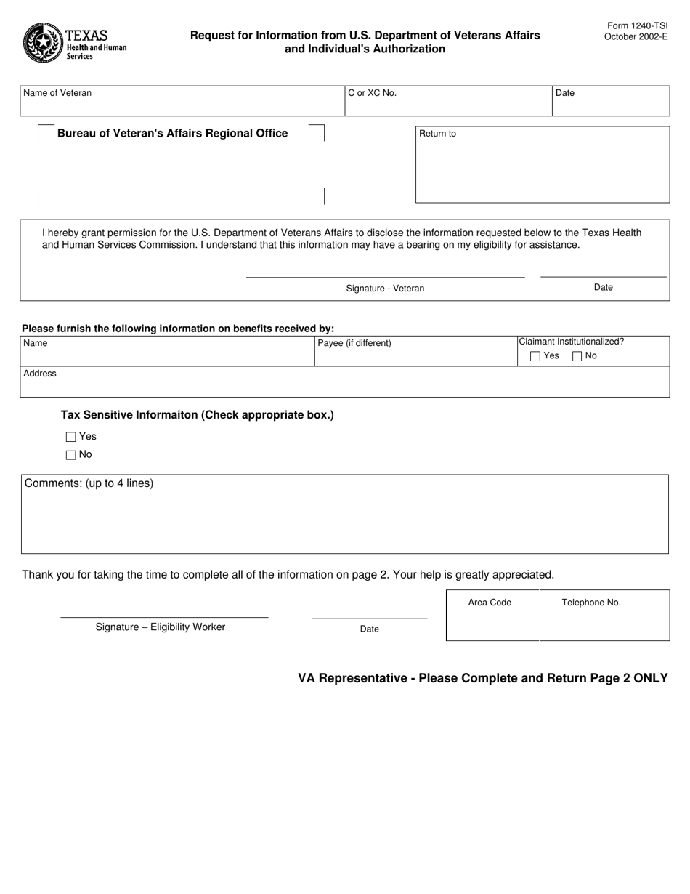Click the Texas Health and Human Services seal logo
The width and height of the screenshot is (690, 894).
click(x=43, y=43)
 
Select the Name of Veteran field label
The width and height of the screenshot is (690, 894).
click(x=57, y=93)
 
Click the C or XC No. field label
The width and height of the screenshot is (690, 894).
click(x=372, y=93)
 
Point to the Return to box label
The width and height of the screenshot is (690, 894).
click(x=437, y=134)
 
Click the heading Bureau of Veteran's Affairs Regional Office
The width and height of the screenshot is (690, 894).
click(x=172, y=133)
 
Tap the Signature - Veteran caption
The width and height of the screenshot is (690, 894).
click(x=385, y=289)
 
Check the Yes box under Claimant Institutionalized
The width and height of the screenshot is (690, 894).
click(x=535, y=356)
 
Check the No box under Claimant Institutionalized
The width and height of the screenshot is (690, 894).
click(x=577, y=356)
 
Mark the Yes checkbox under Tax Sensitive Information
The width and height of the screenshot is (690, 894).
click(x=70, y=437)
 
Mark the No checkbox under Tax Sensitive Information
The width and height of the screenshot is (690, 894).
click(x=70, y=455)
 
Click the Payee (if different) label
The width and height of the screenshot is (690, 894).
click(x=354, y=343)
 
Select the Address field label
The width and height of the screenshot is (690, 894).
click(x=40, y=374)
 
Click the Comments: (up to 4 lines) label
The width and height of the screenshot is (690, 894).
click(x=89, y=483)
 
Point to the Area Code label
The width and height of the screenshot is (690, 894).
click(x=490, y=603)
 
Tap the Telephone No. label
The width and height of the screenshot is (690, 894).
click(x=591, y=603)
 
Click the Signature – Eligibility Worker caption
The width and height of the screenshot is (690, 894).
click(x=161, y=627)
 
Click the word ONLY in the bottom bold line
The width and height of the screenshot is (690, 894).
click(x=650, y=678)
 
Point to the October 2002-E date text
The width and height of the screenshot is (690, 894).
click(x=636, y=36)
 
